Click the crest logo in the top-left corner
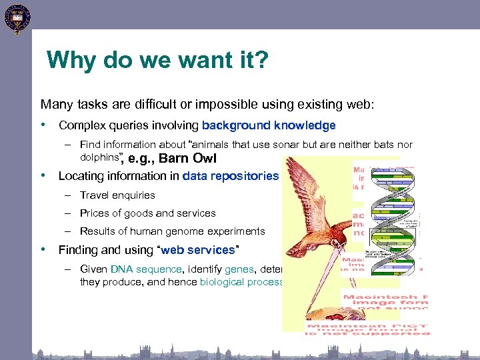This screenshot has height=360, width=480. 16,19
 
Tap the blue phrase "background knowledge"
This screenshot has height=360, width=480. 269,125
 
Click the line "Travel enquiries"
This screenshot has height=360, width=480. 117,195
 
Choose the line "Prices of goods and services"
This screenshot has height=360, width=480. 147,213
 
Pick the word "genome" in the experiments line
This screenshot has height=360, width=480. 181,231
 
